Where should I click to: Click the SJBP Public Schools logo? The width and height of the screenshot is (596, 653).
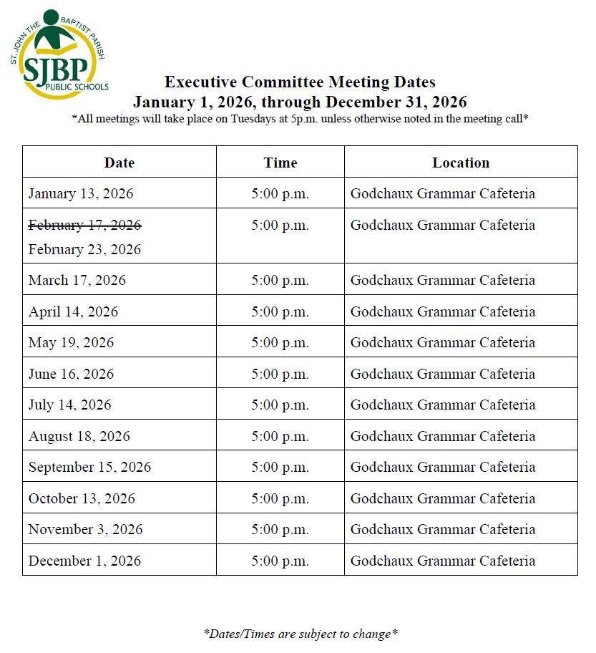click(59, 54)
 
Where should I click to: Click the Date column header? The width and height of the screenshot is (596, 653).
click(119, 163)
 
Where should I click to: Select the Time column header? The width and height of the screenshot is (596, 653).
click(280, 163)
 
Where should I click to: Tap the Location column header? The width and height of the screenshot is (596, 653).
click(461, 163)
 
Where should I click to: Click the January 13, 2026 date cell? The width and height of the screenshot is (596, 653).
click(81, 194)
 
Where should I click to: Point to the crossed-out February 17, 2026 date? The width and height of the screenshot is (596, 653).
click(84, 226)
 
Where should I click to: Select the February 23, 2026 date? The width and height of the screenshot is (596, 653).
click(84, 250)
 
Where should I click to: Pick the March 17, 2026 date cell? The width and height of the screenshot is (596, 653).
click(77, 281)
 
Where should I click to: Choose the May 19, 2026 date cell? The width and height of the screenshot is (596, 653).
click(71, 343)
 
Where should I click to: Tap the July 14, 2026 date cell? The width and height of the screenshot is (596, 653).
click(70, 405)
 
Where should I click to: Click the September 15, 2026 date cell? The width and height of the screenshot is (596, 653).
click(89, 468)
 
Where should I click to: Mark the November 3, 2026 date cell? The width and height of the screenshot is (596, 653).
click(85, 530)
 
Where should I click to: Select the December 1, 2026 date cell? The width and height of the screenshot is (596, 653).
click(84, 561)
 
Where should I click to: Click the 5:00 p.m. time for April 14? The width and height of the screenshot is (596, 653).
click(280, 312)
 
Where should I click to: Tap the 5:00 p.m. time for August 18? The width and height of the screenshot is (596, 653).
click(280, 437)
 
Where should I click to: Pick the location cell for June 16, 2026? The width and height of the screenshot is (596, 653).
click(442, 374)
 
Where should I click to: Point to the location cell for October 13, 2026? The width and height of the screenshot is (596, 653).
click(442, 499)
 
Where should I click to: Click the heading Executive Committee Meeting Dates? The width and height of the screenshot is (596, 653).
click(300, 82)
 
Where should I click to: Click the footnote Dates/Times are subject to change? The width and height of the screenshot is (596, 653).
click(301, 634)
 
